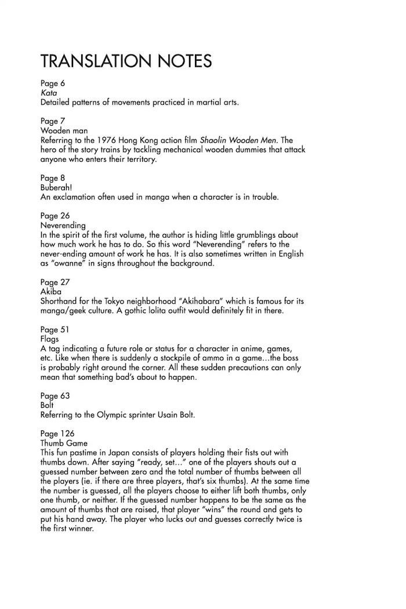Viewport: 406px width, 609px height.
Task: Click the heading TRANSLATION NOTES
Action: (x=126, y=61)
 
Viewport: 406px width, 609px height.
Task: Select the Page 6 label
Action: (x=53, y=83)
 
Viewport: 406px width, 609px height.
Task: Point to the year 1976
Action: (x=119, y=140)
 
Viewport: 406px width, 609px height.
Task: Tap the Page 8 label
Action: (x=53, y=177)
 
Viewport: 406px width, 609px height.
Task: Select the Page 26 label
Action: (x=55, y=215)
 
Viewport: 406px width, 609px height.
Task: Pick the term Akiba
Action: (x=51, y=291)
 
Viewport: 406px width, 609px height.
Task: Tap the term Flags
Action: (x=50, y=338)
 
